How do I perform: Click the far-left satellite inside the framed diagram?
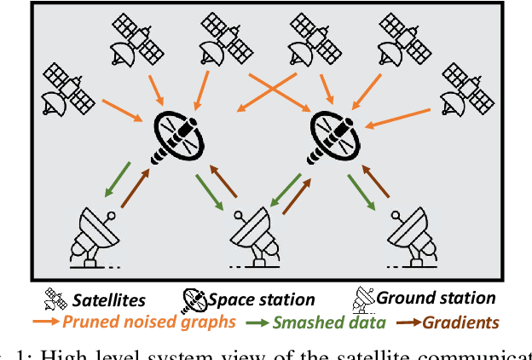(x=69, y=88)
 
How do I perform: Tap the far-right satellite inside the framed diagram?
(x=470, y=91)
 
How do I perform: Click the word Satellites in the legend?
(x=108, y=299)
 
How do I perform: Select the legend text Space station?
(x=261, y=299)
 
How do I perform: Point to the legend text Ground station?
(x=436, y=299)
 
